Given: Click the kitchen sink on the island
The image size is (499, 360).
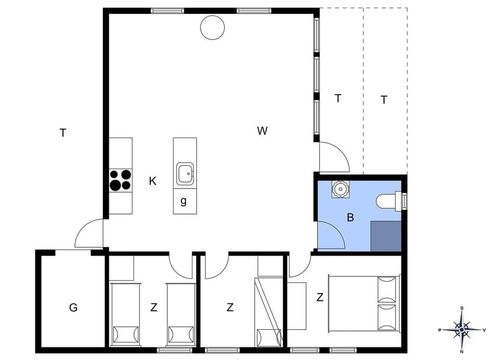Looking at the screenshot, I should coord(185,174).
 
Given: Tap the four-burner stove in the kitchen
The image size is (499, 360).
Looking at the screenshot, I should coord(120,180).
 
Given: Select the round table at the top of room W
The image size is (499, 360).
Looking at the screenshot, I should coord(213,28).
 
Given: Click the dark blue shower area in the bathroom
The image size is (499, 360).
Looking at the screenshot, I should coord(386,235).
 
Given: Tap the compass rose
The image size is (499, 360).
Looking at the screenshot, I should coord(462,329).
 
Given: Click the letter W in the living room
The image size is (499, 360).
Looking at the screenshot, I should coord(262,131).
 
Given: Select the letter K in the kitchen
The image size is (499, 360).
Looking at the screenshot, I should coord(152,181).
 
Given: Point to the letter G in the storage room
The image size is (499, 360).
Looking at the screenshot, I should coord(73,308).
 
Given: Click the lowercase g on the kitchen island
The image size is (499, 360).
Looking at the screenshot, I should coord(183,202).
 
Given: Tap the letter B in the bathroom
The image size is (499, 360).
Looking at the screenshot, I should coord(350,218).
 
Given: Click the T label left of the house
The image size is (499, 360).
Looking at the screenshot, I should coord(63,133).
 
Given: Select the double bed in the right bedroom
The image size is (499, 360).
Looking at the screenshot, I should coord(363,303).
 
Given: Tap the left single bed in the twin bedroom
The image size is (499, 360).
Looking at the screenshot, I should coord(125,314).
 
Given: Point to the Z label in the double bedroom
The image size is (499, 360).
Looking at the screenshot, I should coord(320,298).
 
